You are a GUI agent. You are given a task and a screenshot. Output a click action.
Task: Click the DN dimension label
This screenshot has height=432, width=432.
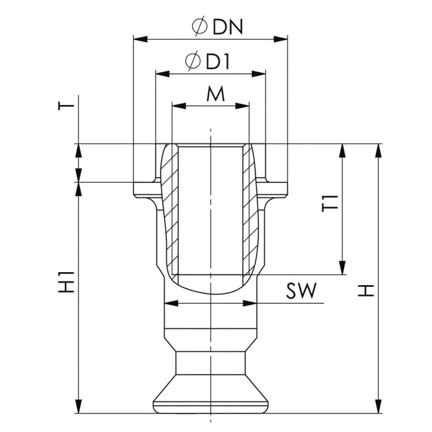(228, 27)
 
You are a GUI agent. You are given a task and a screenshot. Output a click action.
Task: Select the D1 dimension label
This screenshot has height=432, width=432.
(218, 62)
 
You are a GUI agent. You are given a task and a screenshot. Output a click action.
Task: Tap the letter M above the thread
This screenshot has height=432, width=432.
(215, 94)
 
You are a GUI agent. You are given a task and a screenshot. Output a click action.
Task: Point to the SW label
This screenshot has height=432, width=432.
(301, 291)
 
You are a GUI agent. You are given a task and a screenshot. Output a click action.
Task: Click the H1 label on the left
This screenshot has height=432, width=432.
(66, 282)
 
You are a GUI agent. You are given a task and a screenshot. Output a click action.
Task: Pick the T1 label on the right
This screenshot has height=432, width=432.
(330, 203)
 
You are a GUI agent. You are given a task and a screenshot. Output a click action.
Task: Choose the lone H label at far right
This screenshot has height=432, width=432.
(366, 291)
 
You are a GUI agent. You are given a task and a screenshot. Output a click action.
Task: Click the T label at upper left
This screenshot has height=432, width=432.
(66, 106)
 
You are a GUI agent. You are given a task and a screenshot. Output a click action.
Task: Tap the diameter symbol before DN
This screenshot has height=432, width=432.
(200, 27)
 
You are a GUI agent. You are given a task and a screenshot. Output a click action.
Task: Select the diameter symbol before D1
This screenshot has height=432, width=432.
(193, 61)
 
